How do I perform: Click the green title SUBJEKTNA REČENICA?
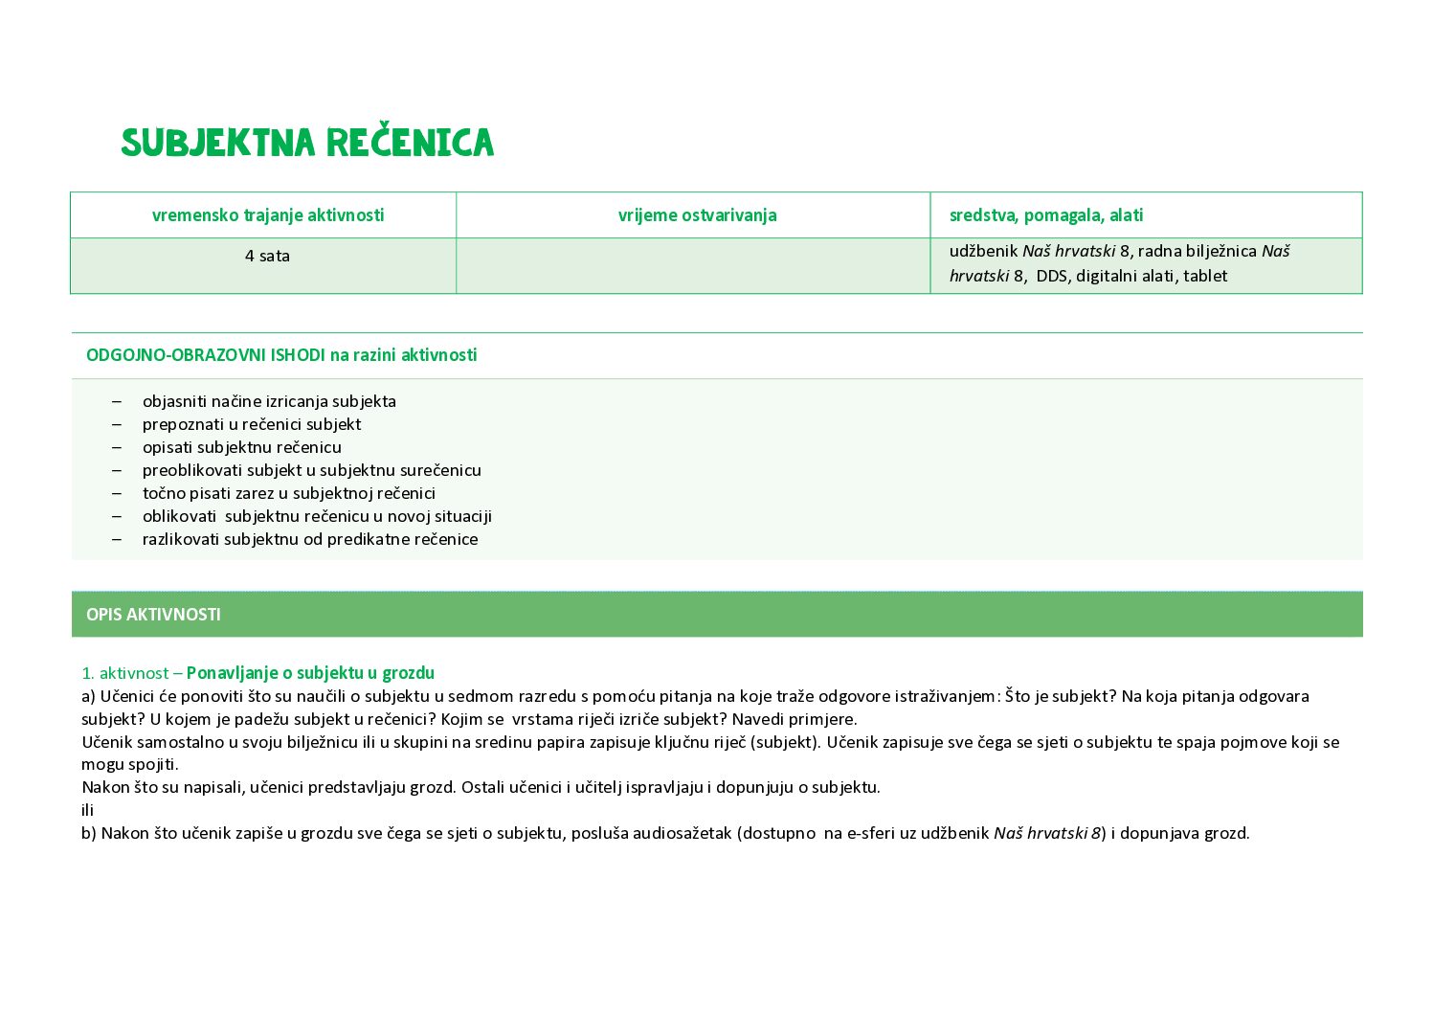[307, 143]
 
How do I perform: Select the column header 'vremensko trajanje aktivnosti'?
[268, 215]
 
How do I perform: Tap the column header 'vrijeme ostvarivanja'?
[697, 215]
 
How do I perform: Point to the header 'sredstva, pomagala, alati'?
[1046, 215]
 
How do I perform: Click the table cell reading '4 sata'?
[267, 256]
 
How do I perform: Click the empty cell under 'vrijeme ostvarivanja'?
[693, 265]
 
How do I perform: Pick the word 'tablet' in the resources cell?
[1205, 276]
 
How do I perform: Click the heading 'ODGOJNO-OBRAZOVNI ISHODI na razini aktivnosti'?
[281, 355]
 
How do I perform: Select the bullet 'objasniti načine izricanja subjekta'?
[269, 401]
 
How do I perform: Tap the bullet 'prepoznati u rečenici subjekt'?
[252, 424]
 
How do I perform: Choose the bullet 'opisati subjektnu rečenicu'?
[242, 447]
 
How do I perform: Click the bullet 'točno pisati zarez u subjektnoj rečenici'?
[289, 493]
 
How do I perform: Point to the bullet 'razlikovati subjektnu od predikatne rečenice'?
[310, 539]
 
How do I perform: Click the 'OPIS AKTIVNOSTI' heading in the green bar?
[153, 615]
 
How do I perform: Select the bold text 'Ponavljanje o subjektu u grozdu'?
[310, 673]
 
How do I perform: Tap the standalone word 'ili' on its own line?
[88, 810]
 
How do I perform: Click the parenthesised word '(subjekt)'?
[785, 742]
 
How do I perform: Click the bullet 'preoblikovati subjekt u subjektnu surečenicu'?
[312, 470]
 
